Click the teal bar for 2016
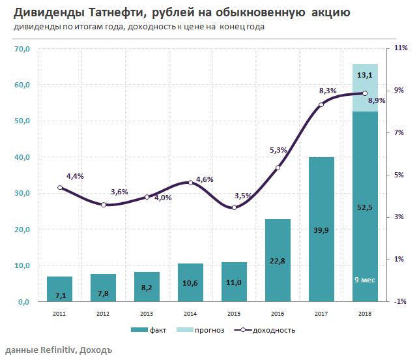point(278,260)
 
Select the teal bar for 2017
point(321,229)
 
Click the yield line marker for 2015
point(234,207)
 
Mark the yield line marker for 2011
point(60,187)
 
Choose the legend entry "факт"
point(149,330)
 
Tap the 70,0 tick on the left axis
point(22,49)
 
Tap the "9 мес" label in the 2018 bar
point(365,280)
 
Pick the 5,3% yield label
point(278,150)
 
